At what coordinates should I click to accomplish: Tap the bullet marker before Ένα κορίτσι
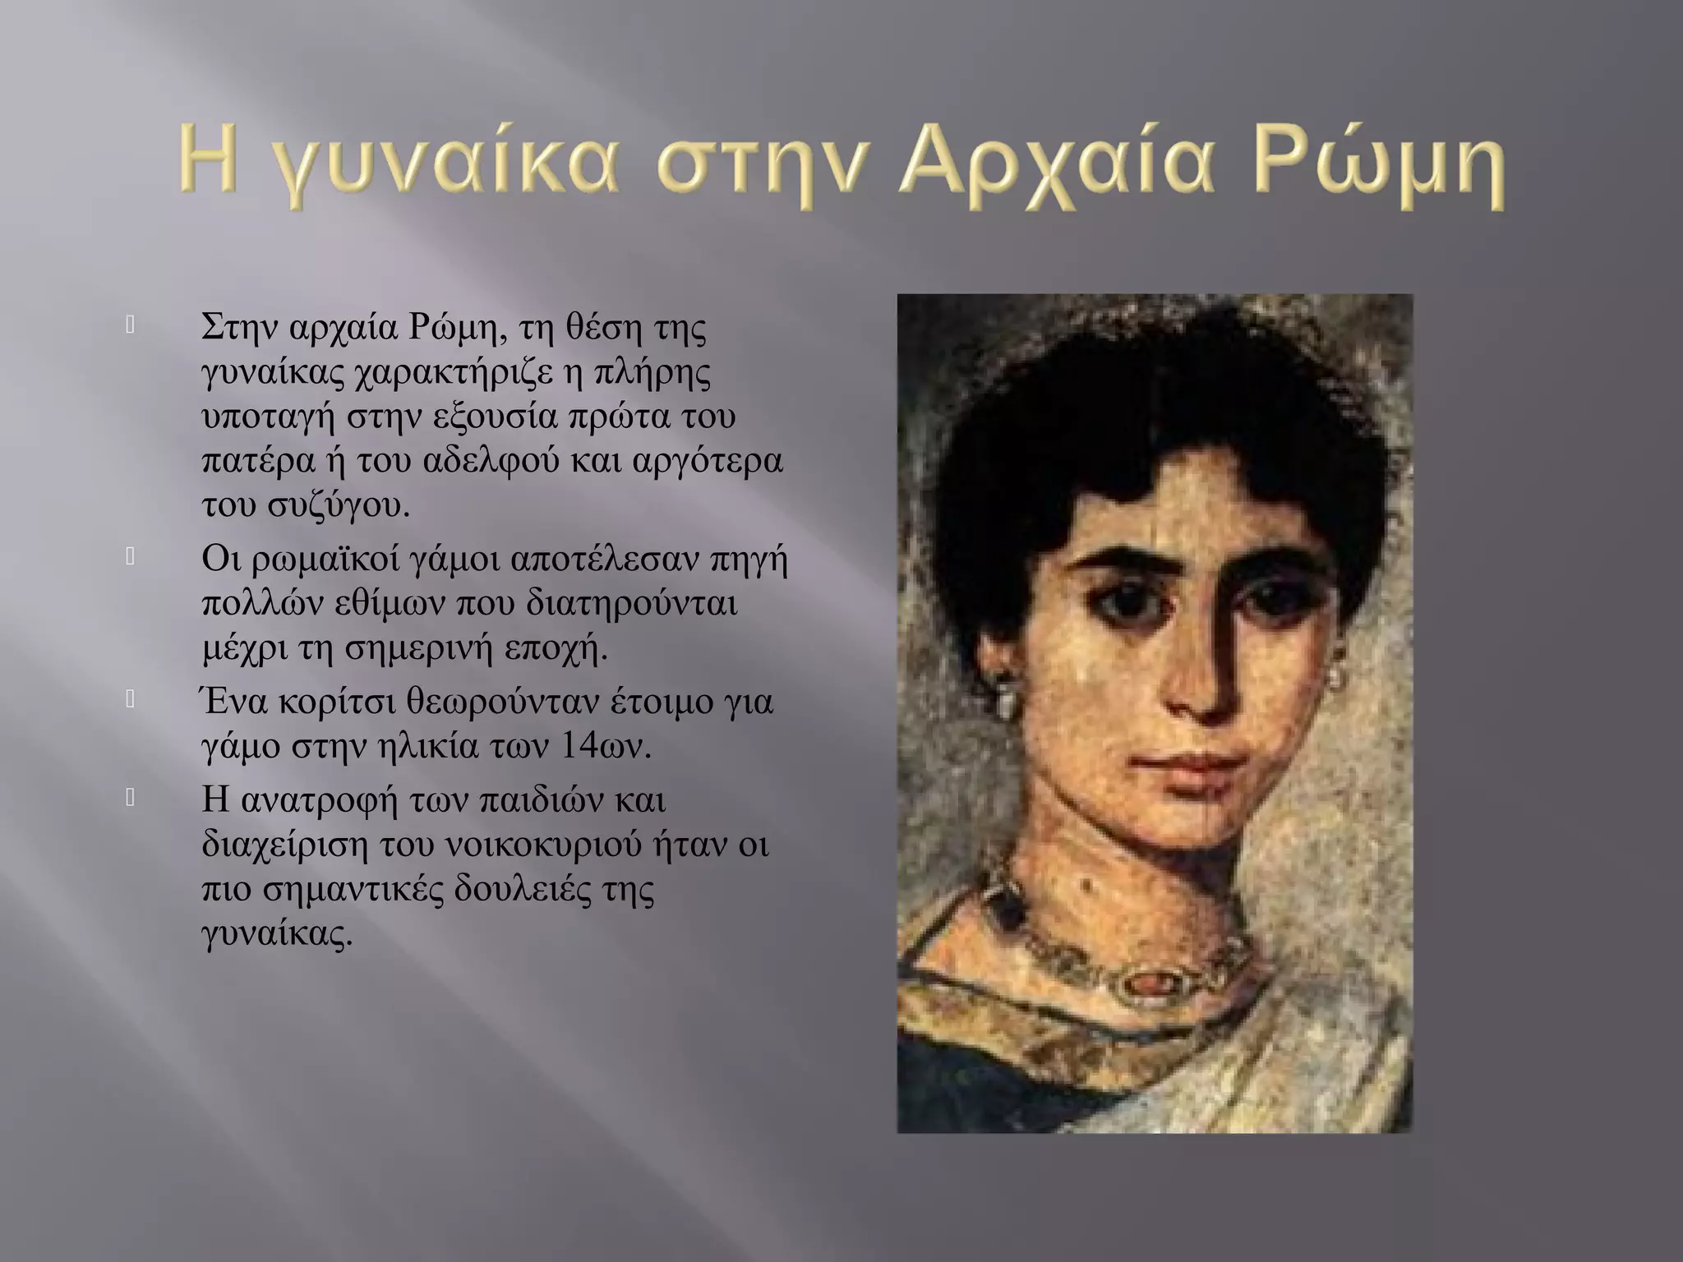point(130,700)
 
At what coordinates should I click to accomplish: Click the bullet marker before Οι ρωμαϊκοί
point(130,558)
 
